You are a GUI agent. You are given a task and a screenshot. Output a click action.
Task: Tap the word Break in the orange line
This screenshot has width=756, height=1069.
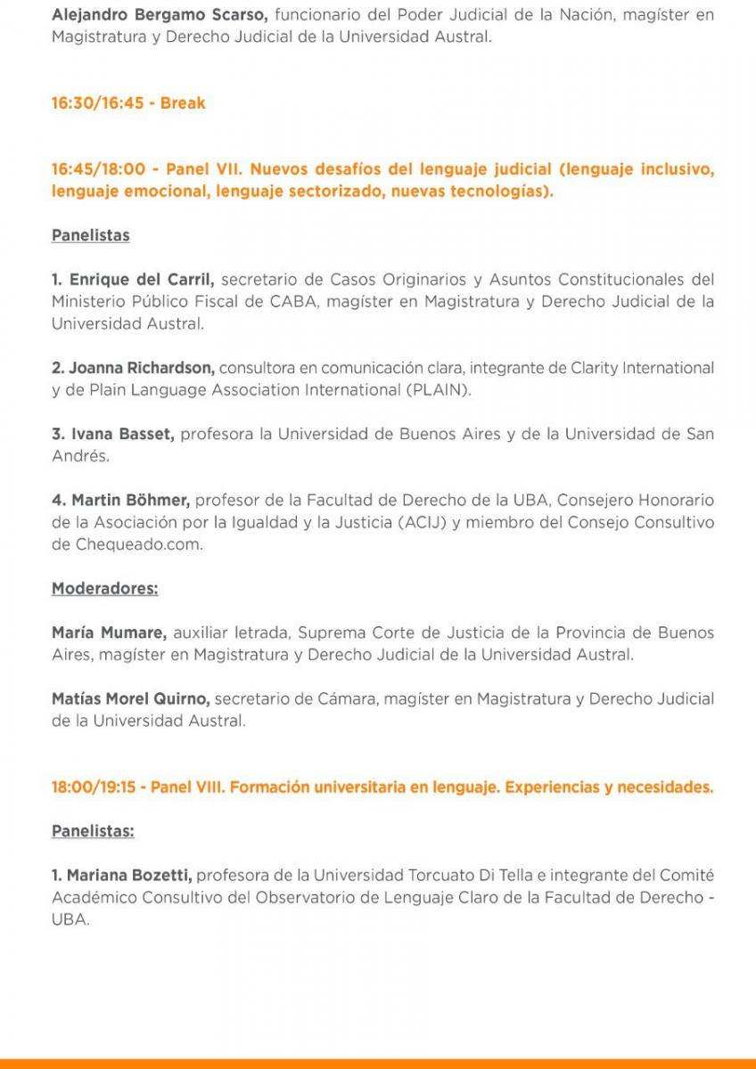[183, 103]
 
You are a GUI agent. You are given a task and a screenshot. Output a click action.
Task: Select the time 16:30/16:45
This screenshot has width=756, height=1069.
[97, 103]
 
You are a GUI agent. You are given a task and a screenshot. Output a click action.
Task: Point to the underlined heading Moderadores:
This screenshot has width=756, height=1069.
[105, 589]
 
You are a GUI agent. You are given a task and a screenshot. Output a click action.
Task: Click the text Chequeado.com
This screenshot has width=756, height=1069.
[127, 544]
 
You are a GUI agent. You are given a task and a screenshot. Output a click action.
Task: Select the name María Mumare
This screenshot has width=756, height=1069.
[109, 632]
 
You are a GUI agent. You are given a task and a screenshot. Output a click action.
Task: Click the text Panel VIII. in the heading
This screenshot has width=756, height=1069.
[187, 787]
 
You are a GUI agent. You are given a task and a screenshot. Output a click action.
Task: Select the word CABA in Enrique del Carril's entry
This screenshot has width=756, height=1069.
[292, 302]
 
